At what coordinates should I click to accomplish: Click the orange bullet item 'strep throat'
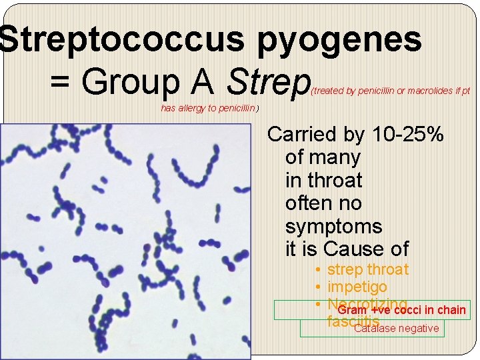coord(368,269)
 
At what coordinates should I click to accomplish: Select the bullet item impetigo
coord(357,287)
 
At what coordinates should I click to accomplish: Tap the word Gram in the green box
coord(352,310)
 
